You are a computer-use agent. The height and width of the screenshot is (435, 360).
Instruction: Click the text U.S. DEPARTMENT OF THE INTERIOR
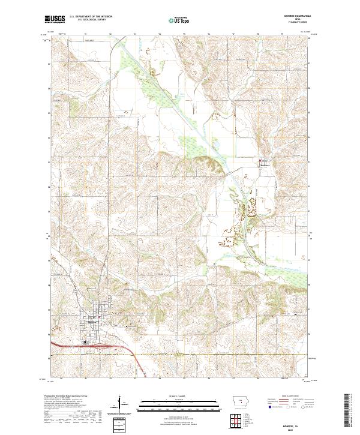[91, 17]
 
